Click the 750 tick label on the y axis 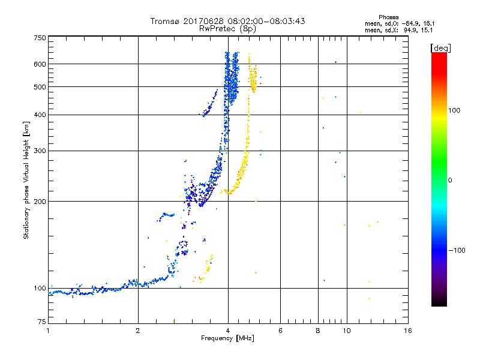coord(40,37)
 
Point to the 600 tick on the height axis coord(40,64)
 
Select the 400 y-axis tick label coord(40,115)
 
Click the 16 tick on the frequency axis coord(407,331)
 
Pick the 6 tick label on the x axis coord(280,331)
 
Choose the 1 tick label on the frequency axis coord(48,331)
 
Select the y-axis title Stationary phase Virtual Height coord(26,181)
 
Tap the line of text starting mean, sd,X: coord(400,29)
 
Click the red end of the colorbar coord(439,56)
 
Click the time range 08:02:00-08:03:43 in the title coord(265,22)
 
